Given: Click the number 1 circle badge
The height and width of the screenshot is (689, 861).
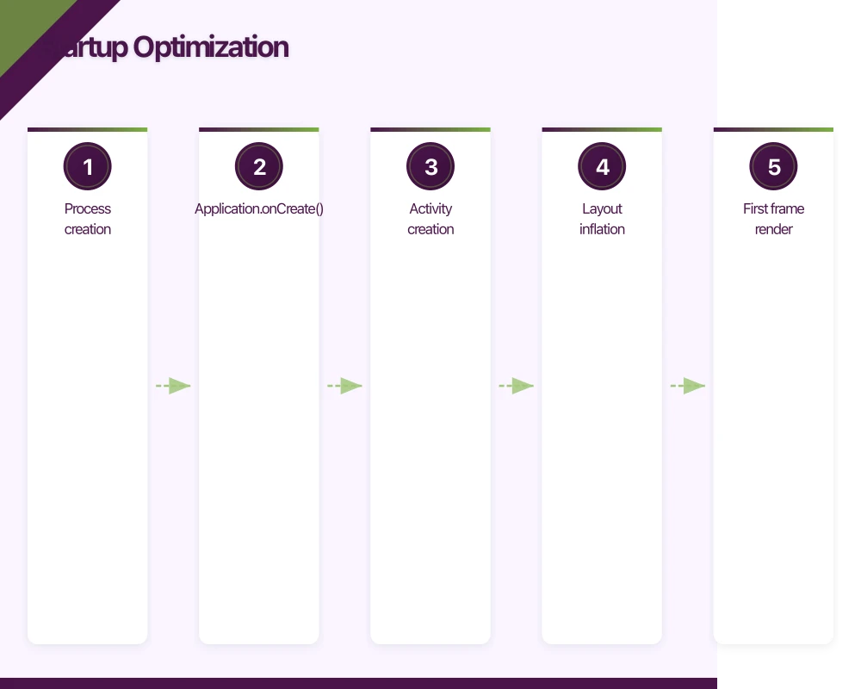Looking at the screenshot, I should [x=88, y=167].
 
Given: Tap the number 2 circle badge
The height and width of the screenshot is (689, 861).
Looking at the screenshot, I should [x=259, y=167].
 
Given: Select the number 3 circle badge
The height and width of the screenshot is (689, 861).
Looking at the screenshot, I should [x=430, y=167].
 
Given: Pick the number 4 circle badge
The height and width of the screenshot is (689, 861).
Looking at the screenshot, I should [x=602, y=167].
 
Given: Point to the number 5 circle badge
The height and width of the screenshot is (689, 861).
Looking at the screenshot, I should [x=773, y=167].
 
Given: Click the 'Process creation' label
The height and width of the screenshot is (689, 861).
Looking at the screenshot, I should [x=88, y=219].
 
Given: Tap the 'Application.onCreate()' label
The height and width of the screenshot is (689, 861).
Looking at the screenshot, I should [x=259, y=208].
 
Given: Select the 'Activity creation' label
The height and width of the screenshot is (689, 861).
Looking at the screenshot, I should [x=430, y=219].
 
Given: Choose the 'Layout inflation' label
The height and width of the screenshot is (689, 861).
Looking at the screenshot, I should [x=602, y=219].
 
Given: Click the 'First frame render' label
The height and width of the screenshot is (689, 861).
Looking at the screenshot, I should [x=773, y=219].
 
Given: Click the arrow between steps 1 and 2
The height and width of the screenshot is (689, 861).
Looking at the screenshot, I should [x=173, y=386].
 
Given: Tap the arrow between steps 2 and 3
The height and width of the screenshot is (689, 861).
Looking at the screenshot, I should [x=344, y=386].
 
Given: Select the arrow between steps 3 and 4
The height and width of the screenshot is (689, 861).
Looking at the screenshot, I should [x=516, y=386].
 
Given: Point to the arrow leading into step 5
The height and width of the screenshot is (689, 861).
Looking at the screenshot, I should [x=687, y=386].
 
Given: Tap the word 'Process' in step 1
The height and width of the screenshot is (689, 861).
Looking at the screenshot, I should [x=88, y=208].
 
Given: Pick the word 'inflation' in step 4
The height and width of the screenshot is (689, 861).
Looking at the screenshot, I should [x=602, y=229].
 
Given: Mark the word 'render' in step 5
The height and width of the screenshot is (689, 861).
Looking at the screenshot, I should [x=773, y=229].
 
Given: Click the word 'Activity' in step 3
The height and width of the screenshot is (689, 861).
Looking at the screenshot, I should [x=430, y=208].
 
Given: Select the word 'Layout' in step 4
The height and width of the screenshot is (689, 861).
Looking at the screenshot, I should [x=602, y=208].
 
